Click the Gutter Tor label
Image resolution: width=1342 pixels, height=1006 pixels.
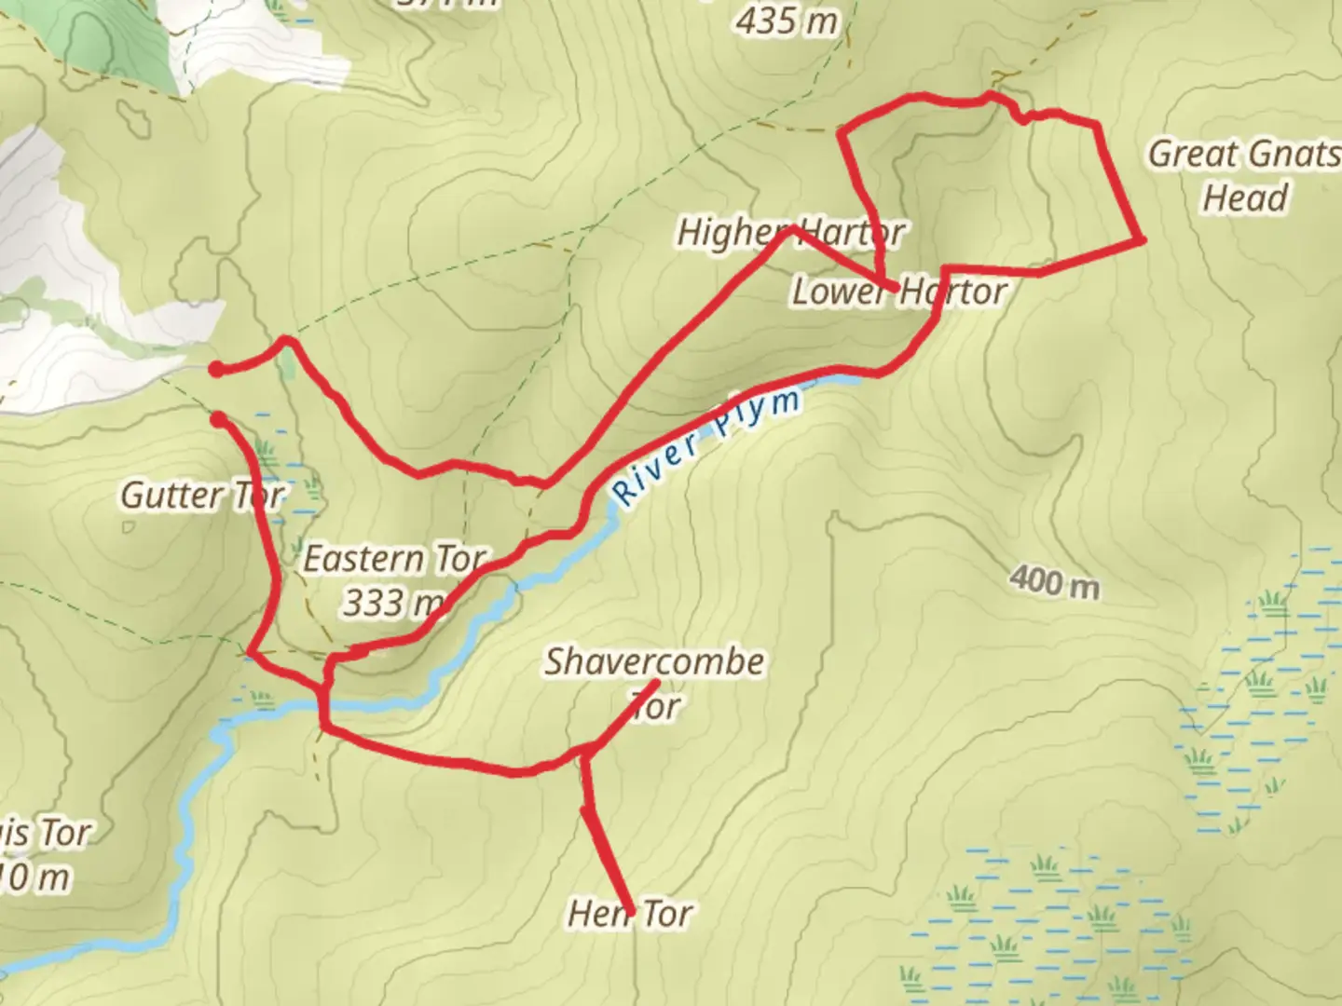tap(202, 495)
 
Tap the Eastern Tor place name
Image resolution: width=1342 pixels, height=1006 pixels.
tap(394, 559)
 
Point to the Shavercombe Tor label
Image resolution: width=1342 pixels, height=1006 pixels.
tap(654, 683)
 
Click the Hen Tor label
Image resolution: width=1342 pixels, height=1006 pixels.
tap(630, 914)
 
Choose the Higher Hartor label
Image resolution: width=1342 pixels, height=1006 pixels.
tap(789, 232)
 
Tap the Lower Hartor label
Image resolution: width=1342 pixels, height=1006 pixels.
tap(898, 292)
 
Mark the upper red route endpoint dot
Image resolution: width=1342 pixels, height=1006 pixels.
tap(216, 370)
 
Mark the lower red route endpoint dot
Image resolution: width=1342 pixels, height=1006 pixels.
tap(217, 420)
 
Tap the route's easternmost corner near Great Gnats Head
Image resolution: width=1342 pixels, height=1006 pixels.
tap(1141, 240)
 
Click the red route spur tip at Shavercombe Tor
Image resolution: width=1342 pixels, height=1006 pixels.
tap(658, 683)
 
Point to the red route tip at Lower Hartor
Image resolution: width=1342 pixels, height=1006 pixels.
tap(897, 290)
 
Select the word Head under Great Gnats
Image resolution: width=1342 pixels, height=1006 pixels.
tap(1245, 197)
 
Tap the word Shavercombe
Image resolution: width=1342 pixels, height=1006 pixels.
tap(654, 661)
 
